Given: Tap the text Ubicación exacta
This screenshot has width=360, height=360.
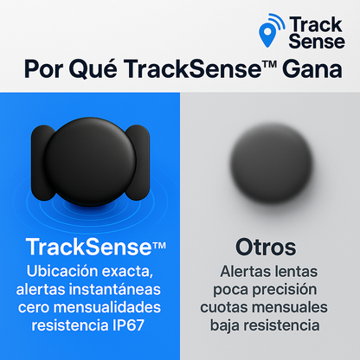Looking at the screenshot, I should click(x=90, y=272).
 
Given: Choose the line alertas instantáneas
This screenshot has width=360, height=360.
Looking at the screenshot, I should click(x=90, y=289).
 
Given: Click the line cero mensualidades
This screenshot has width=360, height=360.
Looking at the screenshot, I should click(x=90, y=307).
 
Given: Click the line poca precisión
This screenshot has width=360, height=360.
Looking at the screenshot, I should click(x=270, y=290).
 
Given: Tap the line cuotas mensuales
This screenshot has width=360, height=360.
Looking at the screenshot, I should click(x=270, y=308).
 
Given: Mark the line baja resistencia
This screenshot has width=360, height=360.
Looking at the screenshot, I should click(x=270, y=325).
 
